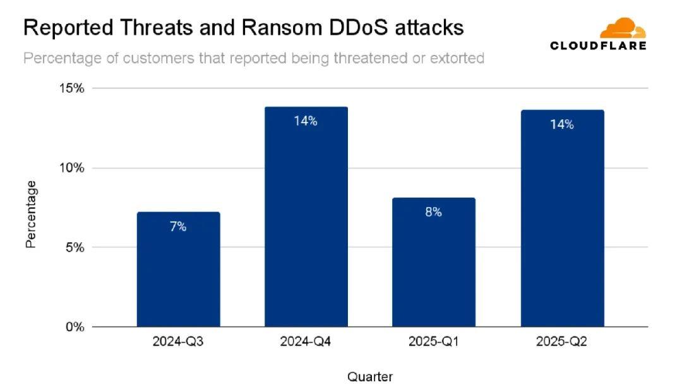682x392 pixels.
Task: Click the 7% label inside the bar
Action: click(178, 227)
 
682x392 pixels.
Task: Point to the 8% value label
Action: click(433, 213)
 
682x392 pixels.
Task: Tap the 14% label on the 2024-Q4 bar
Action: click(306, 121)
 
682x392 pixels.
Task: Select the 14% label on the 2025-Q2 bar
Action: click(561, 124)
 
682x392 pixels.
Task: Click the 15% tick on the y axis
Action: click(71, 88)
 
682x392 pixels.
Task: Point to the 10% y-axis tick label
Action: click(71, 168)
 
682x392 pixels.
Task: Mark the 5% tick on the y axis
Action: click(75, 247)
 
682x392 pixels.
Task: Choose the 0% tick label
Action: click(75, 327)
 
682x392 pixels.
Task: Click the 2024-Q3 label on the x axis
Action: click(178, 342)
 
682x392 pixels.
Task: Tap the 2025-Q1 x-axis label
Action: click(433, 342)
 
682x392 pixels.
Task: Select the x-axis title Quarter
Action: click(370, 377)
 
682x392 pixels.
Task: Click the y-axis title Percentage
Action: click(31, 215)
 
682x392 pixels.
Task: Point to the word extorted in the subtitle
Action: click(457, 59)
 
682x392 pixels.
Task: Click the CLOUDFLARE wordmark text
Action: click(598, 45)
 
